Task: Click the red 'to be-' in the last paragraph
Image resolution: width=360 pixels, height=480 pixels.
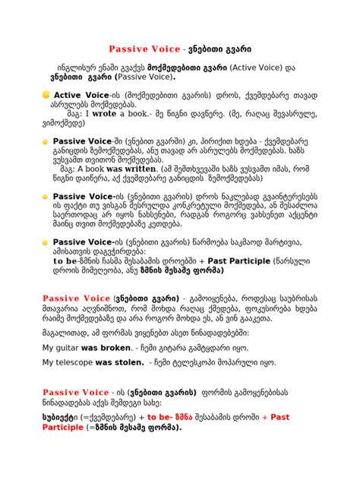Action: tap(163, 417)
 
